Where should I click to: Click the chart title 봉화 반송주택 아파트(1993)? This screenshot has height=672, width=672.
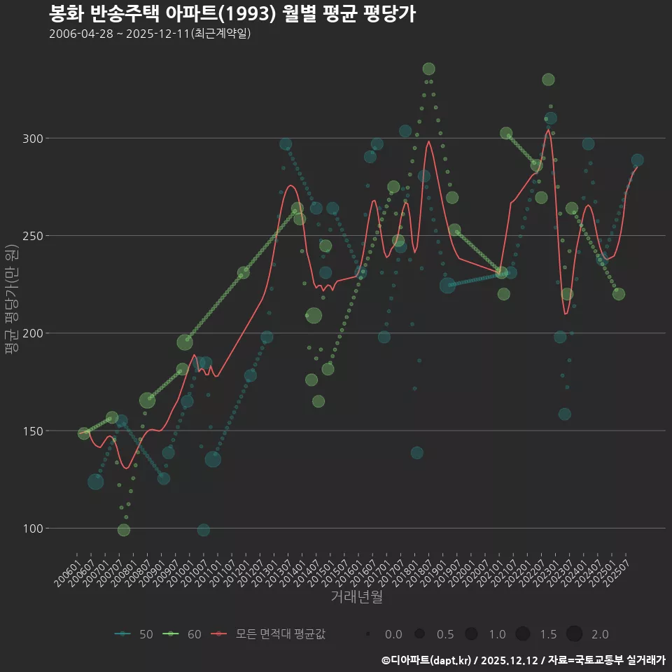click(232, 13)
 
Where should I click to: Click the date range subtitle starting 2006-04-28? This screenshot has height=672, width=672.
click(150, 34)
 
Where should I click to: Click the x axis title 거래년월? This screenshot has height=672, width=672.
click(356, 597)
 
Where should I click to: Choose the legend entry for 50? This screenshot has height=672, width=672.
click(134, 634)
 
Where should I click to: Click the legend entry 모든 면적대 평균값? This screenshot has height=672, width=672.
click(269, 634)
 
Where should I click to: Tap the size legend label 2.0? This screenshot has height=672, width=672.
click(600, 634)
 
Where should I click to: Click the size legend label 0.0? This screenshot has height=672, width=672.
click(393, 634)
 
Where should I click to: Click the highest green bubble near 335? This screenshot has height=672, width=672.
click(429, 69)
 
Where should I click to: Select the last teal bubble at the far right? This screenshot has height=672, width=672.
click(638, 160)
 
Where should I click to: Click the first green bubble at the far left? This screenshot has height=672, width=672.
click(84, 433)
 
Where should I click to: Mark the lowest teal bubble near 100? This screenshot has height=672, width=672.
click(203, 530)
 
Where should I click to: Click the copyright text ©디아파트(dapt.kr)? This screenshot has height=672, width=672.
click(427, 660)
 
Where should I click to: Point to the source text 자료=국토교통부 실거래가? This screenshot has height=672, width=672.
click(607, 660)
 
